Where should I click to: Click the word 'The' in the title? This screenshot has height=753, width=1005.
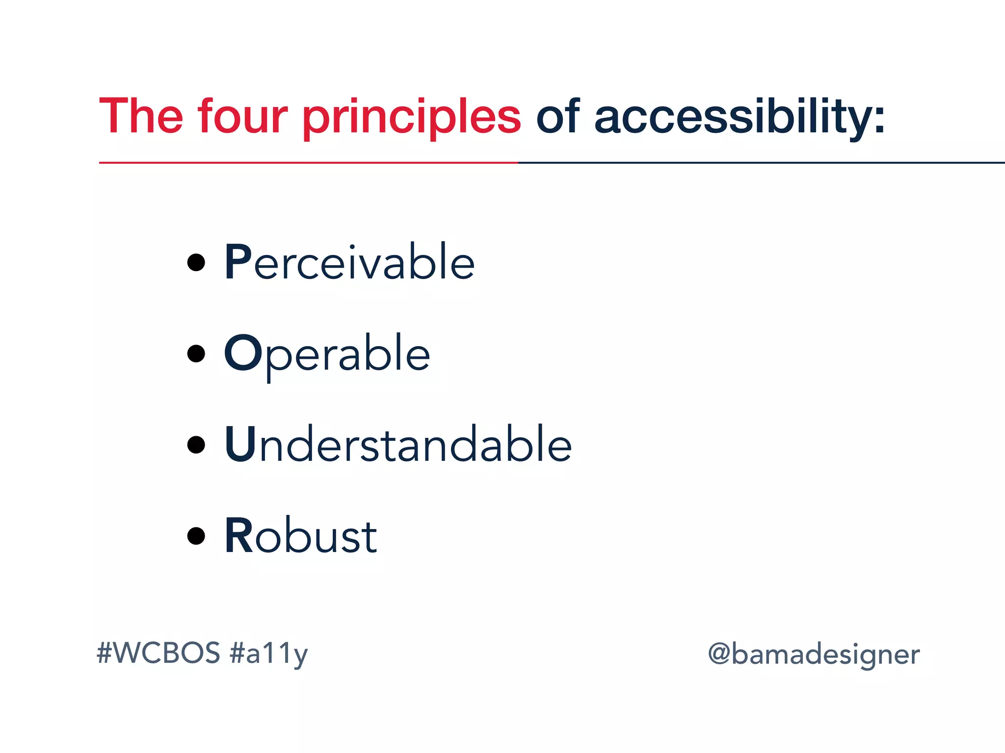141,116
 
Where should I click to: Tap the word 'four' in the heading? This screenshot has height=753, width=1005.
242,116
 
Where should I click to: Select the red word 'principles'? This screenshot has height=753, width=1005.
411,118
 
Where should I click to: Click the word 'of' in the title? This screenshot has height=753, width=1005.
558,116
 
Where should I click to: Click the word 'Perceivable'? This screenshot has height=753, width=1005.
349,263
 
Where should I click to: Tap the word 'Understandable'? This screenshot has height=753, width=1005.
398,445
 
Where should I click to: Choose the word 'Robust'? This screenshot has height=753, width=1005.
301,536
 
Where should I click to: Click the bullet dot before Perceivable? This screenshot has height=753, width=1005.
196,263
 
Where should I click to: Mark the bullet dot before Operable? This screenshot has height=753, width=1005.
196,353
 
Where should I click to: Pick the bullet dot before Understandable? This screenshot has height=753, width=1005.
196,445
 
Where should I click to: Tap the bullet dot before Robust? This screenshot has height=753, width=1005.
196,536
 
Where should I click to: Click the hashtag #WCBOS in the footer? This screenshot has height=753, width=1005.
159,653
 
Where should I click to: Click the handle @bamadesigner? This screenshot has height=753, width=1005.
814,655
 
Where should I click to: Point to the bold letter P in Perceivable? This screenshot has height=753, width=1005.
238,263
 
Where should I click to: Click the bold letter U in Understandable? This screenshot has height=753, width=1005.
240,445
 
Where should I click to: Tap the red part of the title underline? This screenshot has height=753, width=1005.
308,162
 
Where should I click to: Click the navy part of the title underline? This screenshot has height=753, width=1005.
761,162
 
